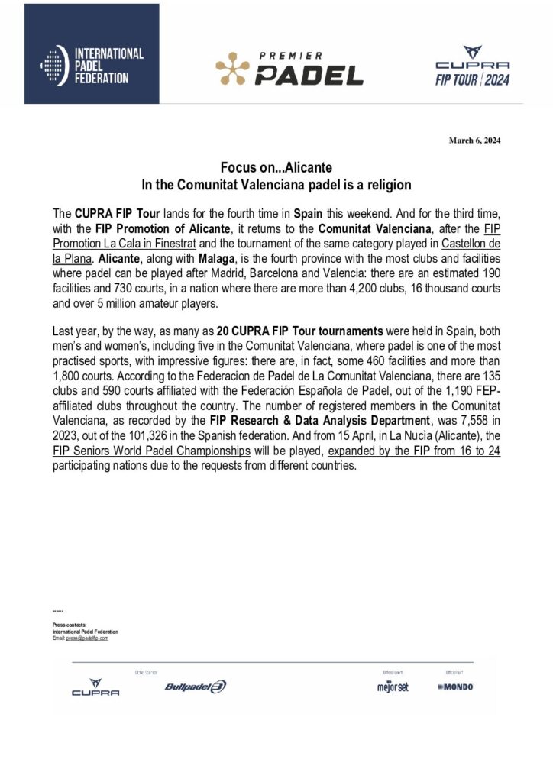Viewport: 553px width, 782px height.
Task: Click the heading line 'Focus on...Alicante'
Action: pyautogui.click(x=276, y=167)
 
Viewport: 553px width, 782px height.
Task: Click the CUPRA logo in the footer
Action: pyautogui.click(x=95, y=687)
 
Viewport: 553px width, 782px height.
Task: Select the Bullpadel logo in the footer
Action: pyautogui.click(x=196, y=687)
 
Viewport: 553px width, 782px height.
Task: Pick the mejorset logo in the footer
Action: pyautogui.click(x=393, y=687)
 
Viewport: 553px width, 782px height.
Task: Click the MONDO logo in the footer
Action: pyautogui.click(x=455, y=687)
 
